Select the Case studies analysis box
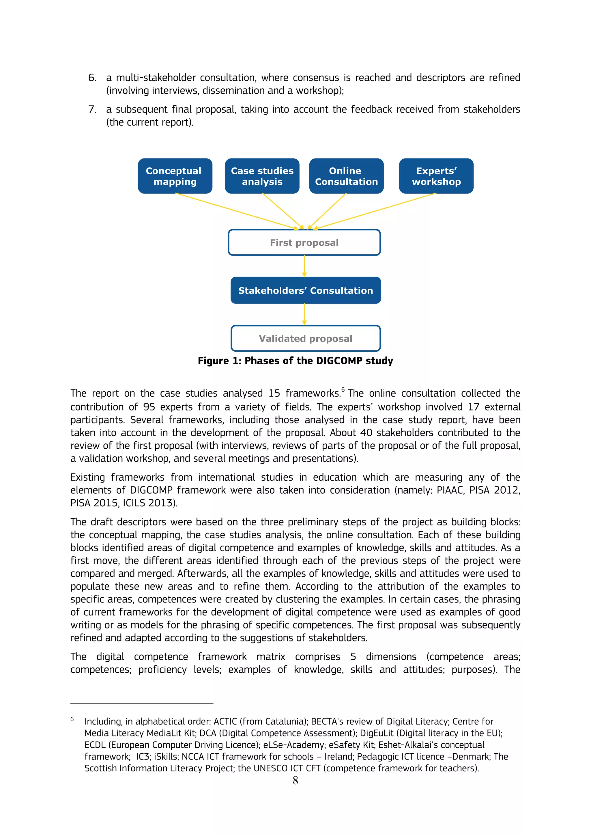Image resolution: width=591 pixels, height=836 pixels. coord(262,176)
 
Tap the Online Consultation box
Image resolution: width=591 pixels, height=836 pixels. coord(346,176)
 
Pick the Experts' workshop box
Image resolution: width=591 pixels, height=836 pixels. coord(436,176)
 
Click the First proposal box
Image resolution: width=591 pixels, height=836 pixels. coord(304,242)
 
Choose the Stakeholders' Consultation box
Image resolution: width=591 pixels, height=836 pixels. coord(305,290)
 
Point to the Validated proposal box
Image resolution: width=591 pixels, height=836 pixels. coord(305,338)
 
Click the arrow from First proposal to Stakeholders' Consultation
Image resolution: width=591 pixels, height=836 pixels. coord(304,266)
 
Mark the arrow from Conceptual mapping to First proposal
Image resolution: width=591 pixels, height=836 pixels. coord(237,211)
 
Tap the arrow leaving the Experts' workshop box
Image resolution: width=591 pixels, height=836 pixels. coord(375,211)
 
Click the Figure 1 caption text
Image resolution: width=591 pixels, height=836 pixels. coord(295,361)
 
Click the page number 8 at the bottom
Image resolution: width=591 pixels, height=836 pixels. coord(295,780)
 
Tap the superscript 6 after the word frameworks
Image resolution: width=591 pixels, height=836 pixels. coord(343,390)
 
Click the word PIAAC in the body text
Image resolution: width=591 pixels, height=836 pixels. coord(450,490)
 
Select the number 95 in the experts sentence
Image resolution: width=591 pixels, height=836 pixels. coord(149,407)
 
